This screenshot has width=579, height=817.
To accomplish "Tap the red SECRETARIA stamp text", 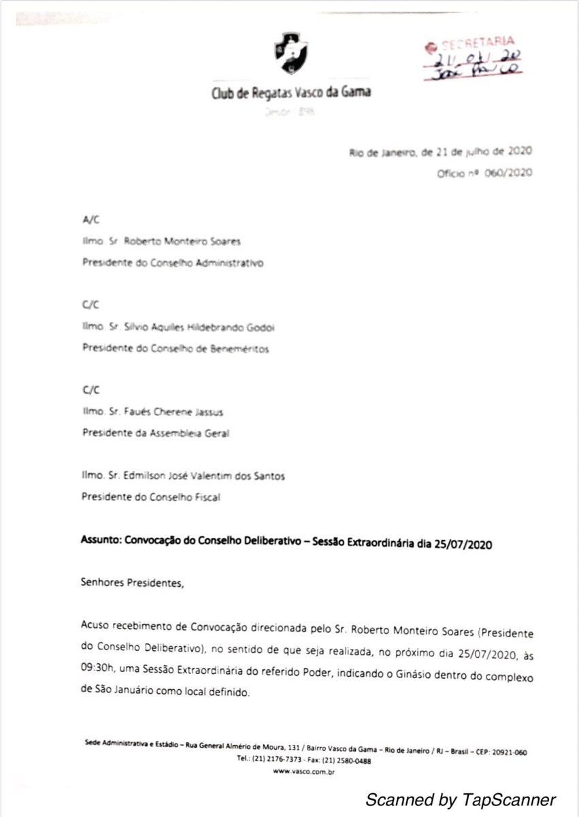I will [x=471, y=43].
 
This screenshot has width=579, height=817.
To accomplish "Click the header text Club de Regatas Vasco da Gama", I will [x=292, y=93].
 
